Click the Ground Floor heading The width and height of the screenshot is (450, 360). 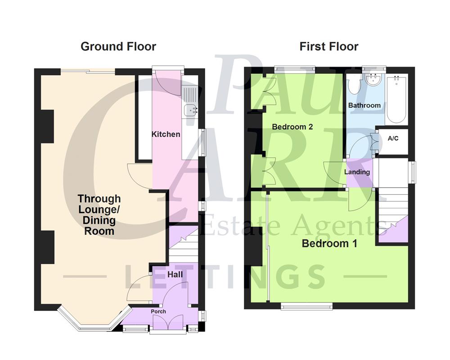click(x=118, y=46)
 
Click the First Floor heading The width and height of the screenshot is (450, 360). click(x=329, y=46)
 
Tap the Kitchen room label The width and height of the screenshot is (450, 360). click(x=166, y=134)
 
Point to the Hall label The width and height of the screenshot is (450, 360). click(x=175, y=274)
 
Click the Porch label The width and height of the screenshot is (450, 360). click(x=158, y=311)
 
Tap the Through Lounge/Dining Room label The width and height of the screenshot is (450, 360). click(x=99, y=215)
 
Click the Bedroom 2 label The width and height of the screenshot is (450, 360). click(x=292, y=127)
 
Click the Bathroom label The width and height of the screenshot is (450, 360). click(x=364, y=105)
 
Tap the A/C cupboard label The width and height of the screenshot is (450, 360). click(x=393, y=139)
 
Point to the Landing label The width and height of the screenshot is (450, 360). click(x=357, y=172)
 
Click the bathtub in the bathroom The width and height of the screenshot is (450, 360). click(x=396, y=100)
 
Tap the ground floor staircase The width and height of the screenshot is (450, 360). click(x=182, y=245)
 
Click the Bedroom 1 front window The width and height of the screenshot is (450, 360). click(x=307, y=306)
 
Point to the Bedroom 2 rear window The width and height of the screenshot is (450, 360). click(x=295, y=69)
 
